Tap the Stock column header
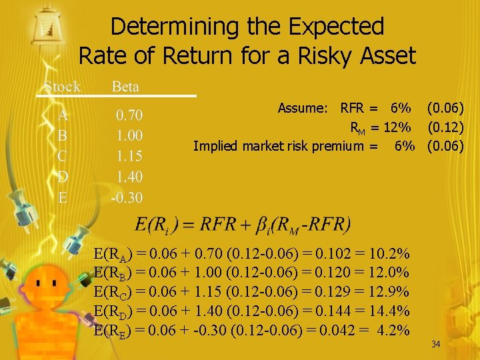[62, 87]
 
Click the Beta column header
[125, 87]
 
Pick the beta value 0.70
[129, 115]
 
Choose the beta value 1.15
[129, 156]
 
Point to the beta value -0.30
[127, 197]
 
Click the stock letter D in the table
[63, 177]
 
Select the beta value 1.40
[129, 177]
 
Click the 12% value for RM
[400, 127]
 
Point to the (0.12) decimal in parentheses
[445, 127]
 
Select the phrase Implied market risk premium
[278, 145]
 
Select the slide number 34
[436, 344]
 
